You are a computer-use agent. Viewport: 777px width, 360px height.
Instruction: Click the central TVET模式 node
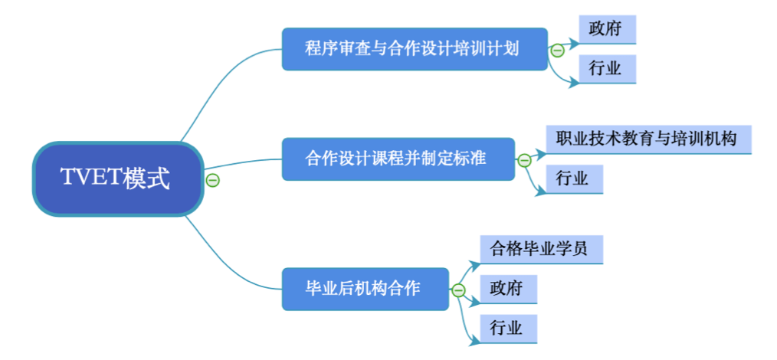pyautogui.click(x=117, y=178)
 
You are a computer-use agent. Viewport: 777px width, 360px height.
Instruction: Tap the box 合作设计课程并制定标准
pyautogui.click(x=398, y=159)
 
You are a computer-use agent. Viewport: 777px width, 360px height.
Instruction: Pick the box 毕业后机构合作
pyautogui.click(x=365, y=289)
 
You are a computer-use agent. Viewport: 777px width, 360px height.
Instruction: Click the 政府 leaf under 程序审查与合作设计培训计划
pyautogui.click(x=607, y=30)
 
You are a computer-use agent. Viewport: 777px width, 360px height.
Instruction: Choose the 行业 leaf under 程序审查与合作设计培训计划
pyautogui.click(x=607, y=69)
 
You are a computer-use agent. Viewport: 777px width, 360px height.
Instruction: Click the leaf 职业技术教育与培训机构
pyautogui.click(x=648, y=139)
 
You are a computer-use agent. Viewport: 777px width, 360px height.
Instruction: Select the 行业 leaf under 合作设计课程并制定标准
pyautogui.click(x=574, y=179)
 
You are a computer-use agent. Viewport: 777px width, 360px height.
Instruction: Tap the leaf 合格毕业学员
pyautogui.click(x=541, y=250)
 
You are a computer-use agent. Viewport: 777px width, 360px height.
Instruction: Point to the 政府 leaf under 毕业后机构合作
pyautogui.click(x=507, y=289)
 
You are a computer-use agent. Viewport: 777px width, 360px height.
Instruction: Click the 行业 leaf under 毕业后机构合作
pyautogui.click(x=507, y=329)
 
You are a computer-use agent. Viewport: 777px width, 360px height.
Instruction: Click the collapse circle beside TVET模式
pyautogui.click(x=213, y=180)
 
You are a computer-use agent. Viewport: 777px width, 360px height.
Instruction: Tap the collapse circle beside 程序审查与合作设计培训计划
pyautogui.click(x=557, y=51)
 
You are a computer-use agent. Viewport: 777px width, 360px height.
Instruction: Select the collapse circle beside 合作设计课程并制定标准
pyautogui.click(x=524, y=160)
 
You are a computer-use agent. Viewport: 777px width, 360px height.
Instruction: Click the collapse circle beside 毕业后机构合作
pyautogui.click(x=458, y=290)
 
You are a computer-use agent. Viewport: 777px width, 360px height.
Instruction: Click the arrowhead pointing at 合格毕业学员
pyautogui.click(x=475, y=263)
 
